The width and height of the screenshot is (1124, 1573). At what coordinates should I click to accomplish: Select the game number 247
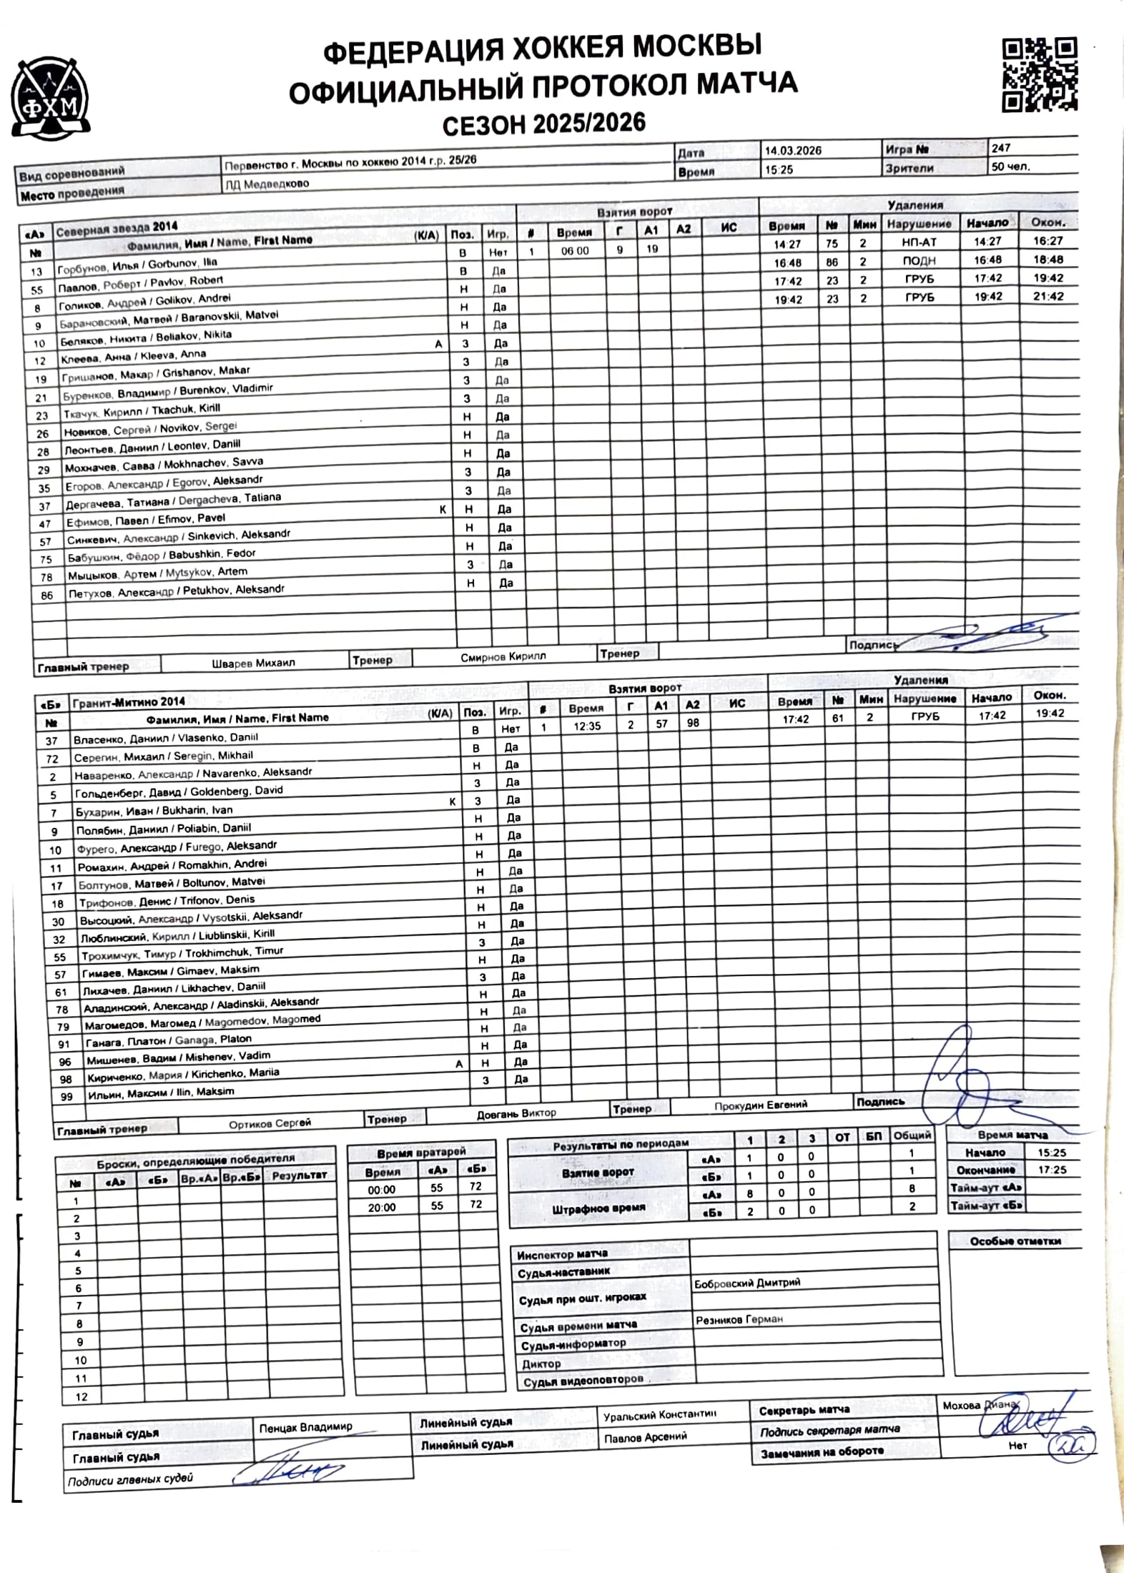(1000, 148)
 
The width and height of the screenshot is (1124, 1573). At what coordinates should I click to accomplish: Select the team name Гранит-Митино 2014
(129, 702)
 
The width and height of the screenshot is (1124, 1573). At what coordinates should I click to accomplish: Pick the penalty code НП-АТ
(919, 242)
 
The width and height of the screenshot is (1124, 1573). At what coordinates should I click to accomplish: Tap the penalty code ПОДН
(919, 261)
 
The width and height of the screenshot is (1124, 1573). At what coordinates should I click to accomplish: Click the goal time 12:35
(586, 726)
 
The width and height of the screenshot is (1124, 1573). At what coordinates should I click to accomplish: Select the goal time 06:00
(575, 251)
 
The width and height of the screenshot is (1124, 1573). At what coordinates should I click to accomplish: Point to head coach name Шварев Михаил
(253, 663)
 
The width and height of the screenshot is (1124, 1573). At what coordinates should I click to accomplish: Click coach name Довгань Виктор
(516, 1113)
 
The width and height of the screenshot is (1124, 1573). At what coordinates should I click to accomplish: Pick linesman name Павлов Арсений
(645, 1436)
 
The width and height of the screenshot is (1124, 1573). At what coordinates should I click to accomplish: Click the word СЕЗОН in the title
(483, 126)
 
